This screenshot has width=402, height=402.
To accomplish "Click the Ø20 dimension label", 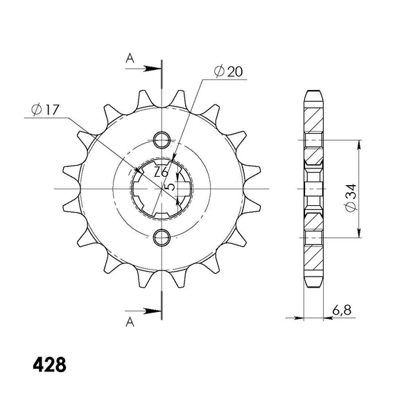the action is click(228, 71).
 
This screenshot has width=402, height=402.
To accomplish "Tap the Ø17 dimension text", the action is click(45, 110).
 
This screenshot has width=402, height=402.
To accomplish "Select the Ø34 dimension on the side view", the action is click(351, 198).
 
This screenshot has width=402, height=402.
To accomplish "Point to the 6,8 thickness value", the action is click(342, 310).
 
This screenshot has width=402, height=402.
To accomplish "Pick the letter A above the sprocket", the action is click(130, 58).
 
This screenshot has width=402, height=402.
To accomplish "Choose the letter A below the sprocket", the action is click(130, 322).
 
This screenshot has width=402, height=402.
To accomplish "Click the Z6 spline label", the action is click(161, 172).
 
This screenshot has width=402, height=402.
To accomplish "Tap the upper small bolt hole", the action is click(161, 140).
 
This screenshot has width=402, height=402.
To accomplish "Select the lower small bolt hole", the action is click(161, 238).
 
